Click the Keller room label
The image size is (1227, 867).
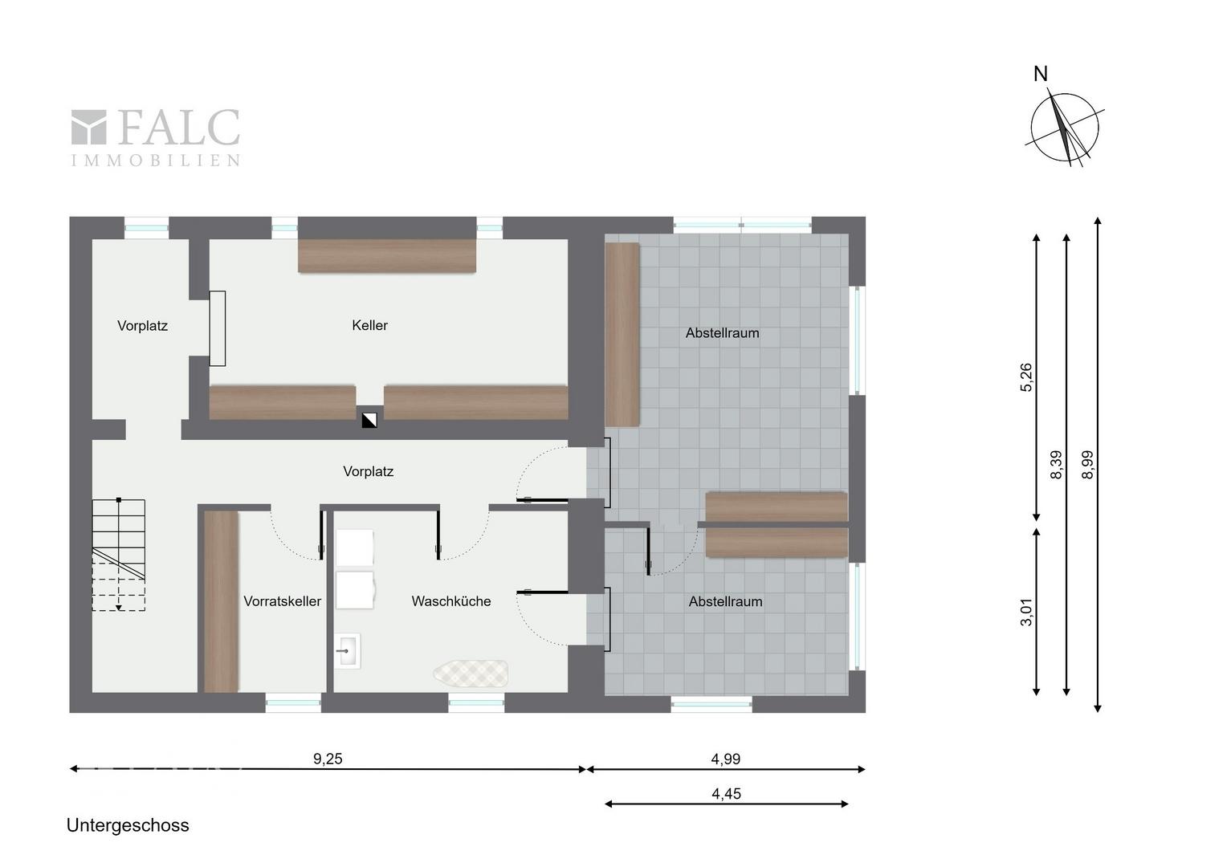[x=369, y=325]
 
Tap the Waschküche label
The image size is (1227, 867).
[x=450, y=601]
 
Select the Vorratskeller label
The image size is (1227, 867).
[x=282, y=601]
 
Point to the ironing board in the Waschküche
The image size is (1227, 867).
[x=471, y=673]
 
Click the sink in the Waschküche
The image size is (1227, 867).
[x=347, y=651]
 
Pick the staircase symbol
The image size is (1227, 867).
[x=118, y=554]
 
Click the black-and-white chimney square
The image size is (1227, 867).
[x=369, y=420]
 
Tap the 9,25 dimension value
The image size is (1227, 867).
[x=328, y=759]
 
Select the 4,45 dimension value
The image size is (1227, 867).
[x=727, y=794]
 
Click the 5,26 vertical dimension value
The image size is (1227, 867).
[x=1026, y=377]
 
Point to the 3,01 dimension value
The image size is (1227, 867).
[x=1026, y=612]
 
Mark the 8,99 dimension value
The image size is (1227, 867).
[x=1087, y=465]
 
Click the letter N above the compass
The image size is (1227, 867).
[x=1041, y=74]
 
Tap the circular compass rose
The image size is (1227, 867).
[x=1064, y=128]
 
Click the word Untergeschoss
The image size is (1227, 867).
[x=128, y=825]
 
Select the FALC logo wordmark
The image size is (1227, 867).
[x=156, y=127]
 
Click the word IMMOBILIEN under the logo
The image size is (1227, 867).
[x=156, y=161]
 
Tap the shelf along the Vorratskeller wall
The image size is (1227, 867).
[x=222, y=601]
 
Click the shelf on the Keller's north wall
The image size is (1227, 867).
[x=387, y=256]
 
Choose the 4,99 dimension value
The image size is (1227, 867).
[x=726, y=759]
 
